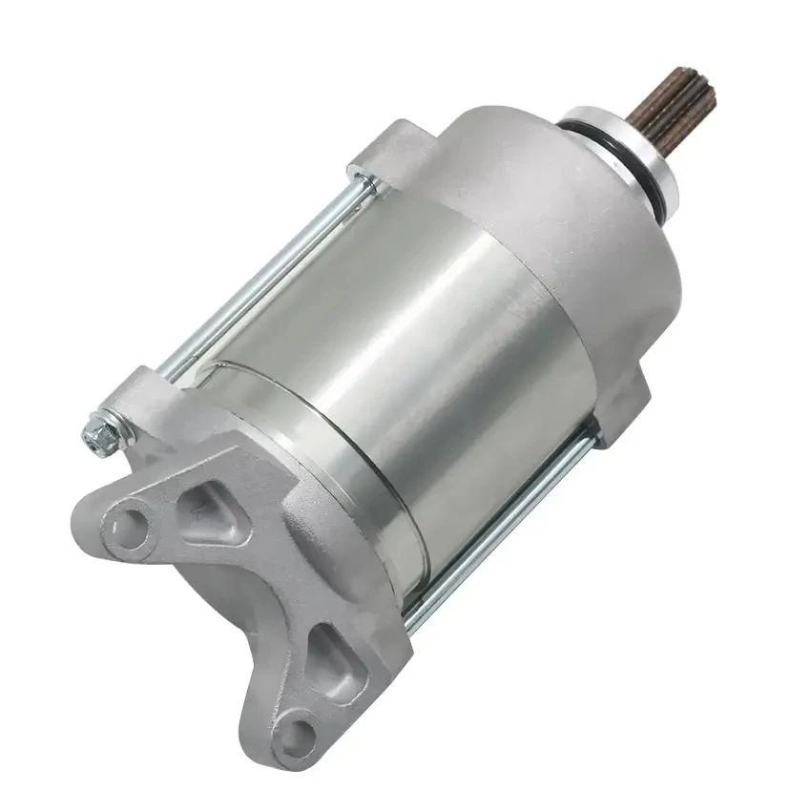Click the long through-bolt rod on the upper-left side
tap(258, 277)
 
